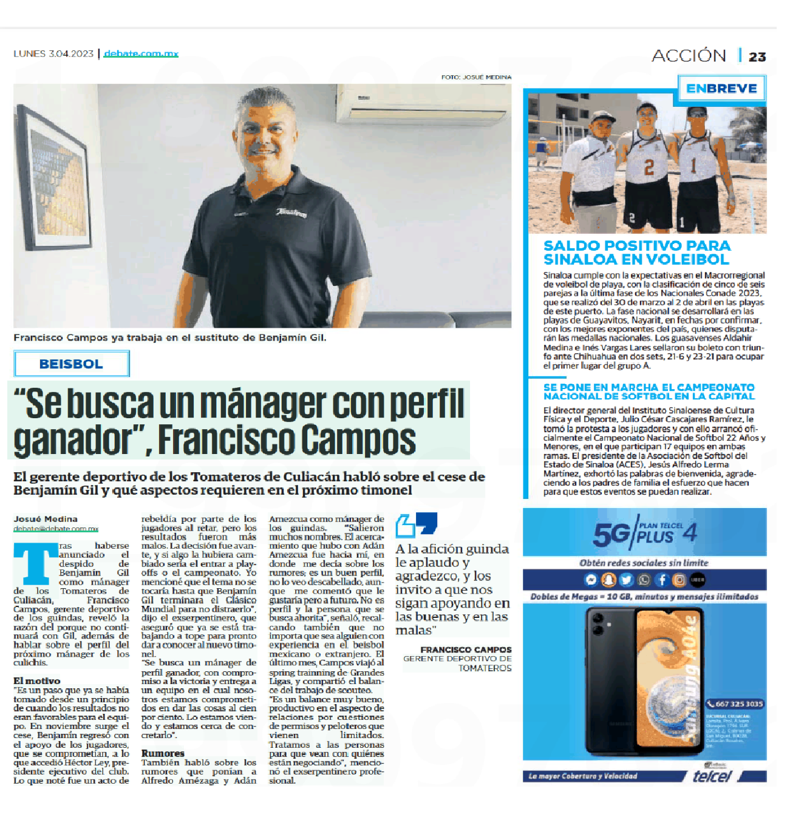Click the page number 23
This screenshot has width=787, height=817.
[x=757, y=57]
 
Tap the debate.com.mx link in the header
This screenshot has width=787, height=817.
[x=141, y=53]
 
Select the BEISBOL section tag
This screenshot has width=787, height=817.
[x=71, y=364]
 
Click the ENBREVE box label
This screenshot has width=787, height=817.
[x=721, y=89]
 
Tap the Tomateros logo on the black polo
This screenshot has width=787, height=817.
[x=291, y=212]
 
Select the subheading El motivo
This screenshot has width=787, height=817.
[x=37, y=680]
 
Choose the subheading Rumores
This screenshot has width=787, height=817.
[x=163, y=753]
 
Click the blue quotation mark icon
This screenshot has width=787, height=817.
[x=417, y=524]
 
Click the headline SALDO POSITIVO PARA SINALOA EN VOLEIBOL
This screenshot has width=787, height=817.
[x=636, y=253]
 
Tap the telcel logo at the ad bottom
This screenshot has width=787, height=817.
[x=712, y=776]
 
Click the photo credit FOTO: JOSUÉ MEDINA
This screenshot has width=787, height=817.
[x=476, y=77]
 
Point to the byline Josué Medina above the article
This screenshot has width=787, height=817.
[x=46, y=519]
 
